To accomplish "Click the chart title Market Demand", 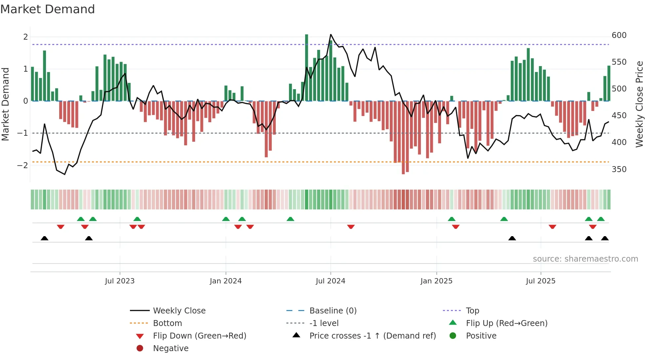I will tap(48, 9).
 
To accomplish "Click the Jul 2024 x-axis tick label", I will tap(330, 281).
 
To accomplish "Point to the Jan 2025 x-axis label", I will tap(436, 281).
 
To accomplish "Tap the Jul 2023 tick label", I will tap(120, 281).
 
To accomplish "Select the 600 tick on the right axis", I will tap(619, 35).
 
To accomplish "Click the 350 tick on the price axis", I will tap(619, 169).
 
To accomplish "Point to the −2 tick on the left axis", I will tap(22, 165).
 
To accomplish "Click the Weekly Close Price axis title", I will tap(639, 104).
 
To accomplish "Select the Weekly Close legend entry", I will tap(179, 310).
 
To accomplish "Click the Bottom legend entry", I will tap(167, 323).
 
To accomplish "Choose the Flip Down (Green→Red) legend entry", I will tap(199, 336).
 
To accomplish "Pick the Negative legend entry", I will tap(171, 348).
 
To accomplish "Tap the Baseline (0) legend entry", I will tap(333, 310).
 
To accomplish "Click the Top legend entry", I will tap(472, 310).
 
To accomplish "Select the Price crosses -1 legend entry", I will tap(372, 336).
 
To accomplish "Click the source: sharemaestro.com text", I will tap(585, 259).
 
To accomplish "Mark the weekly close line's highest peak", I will tap(331, 35).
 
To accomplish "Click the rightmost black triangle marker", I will tap(605, 238).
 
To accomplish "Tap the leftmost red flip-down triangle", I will tap(61, 227).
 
